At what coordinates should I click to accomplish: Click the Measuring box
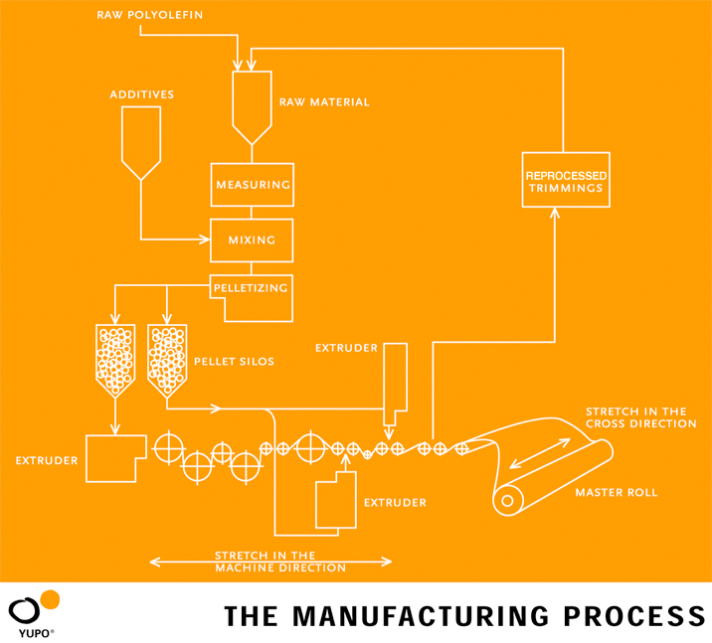tap(252, 185)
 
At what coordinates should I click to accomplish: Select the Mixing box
tap(252, 240)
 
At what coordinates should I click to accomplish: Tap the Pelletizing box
tap(253, 289)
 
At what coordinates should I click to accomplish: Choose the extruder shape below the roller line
tap(335, 500)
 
